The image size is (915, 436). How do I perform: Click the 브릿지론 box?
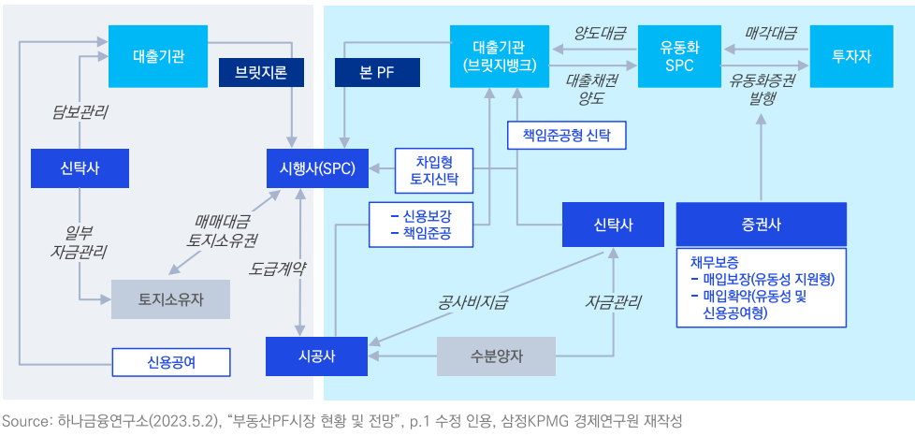tap(254, 72)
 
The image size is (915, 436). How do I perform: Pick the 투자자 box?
tap(851, 56)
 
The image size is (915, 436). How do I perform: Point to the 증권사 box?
tap(761, 225)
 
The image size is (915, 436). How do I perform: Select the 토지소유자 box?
tap(171, 299)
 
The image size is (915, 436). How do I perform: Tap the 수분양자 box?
tap(496, 356)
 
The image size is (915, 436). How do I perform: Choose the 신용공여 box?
tap(171, 360)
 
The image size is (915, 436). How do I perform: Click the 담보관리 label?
tap(80, 112)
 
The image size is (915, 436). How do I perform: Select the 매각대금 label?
tap(771, 34)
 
